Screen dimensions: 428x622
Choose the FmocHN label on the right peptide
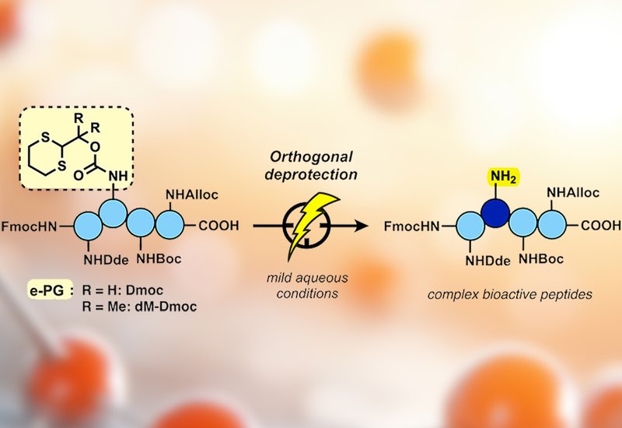coord(411,227)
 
